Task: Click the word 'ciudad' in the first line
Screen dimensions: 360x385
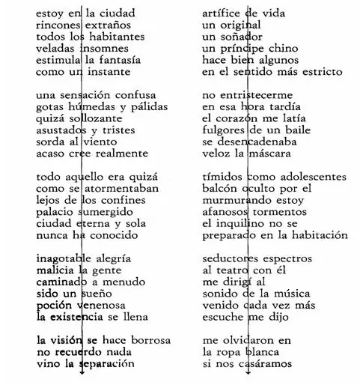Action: tap(116, 13)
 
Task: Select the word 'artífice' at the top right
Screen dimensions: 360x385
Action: tap(223, 13)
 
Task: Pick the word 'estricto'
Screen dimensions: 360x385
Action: tap(320, 71)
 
